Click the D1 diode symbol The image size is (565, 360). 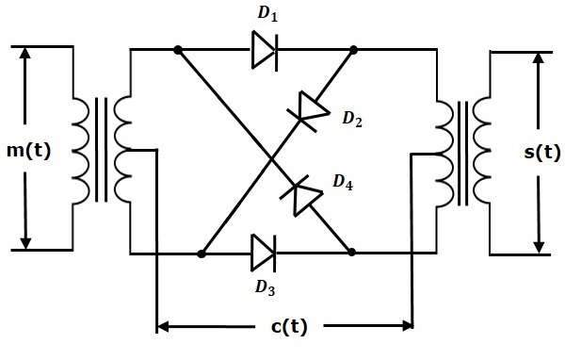tap(265, 50)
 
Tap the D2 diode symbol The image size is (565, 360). tap(309, 111)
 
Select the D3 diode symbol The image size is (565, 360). tap(264, 254)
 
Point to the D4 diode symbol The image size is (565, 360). tap(302, 195)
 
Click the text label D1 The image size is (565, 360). tap(267, 14)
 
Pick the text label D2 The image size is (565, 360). tap(352, 119)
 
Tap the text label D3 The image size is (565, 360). tap(266, 287)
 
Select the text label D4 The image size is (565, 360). tap(343, 182)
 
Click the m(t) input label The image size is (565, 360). tap(29, 150)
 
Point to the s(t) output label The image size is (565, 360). tap(542, 152)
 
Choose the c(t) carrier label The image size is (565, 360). tap(289, 327)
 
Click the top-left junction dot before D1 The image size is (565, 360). tap(178, 50)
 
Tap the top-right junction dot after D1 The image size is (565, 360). tap(353, 50)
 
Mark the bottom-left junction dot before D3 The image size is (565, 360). tap(202, 254)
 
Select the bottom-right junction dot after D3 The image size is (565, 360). tap(351, 253)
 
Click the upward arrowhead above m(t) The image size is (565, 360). tap(24, 54)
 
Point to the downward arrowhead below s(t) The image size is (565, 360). tap(539, 247)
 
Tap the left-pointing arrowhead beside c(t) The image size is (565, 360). tap(163, 327)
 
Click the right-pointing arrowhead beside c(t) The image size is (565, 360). tap(407, 326)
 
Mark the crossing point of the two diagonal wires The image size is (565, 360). tap(271, 158)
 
